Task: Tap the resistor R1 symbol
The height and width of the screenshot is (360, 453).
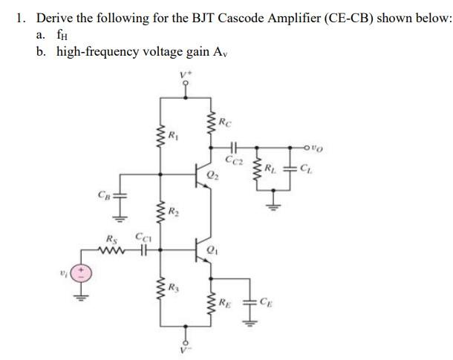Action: coord(160,137)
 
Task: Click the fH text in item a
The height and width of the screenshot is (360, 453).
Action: coord(63,34)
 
